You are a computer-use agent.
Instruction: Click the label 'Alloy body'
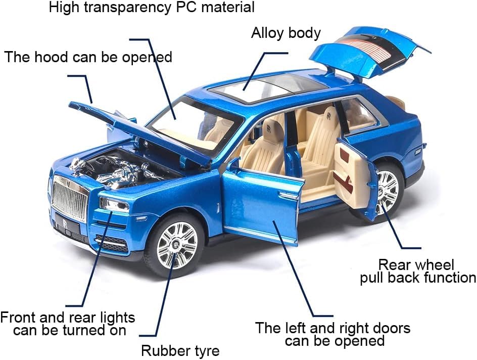coord(286,33)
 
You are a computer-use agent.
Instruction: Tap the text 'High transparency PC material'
coord(152,8)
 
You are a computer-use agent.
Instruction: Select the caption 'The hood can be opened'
coord(88,57)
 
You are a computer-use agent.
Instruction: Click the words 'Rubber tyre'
coord(180,350)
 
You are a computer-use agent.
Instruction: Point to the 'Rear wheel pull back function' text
coord(417,271)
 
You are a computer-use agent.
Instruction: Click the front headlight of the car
coord(115,205)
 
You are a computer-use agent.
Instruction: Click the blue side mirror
coord(233,164)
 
